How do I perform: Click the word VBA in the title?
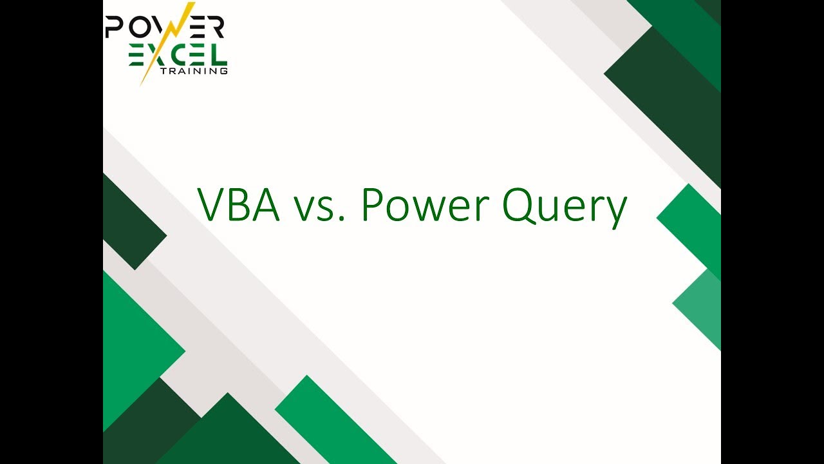(239, 204)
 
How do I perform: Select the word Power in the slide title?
(426, 205)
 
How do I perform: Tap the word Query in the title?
(565, 208)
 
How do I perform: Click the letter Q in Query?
(519, 206)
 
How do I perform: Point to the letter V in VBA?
(213, 204)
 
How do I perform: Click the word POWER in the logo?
(164, 26)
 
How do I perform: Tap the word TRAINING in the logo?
(194, 71)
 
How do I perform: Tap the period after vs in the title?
(342, 218)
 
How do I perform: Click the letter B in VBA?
(239, 205)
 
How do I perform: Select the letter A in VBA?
(266, 205)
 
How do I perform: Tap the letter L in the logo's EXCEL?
(220, 55)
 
